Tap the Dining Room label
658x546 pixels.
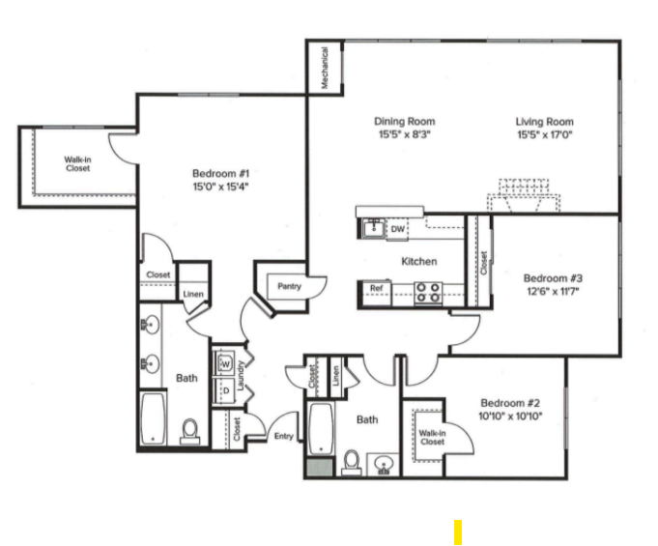pos(405,122)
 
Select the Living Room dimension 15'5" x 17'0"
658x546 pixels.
pos(544,135)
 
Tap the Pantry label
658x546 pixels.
pos(289,286)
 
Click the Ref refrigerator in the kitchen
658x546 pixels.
pos(375,288)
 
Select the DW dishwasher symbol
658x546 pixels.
pos(397,229)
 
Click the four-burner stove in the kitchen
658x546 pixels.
pos(428,291)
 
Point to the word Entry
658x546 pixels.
pos(283,437)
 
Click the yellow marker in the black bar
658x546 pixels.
pos(458,532)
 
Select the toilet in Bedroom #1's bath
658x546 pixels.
pos(189,429)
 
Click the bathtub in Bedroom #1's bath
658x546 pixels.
pos(153,418)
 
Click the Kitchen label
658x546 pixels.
pos(419,261)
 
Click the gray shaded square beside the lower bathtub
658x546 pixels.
pos(317,467)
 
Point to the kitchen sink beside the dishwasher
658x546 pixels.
pos(372,229)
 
